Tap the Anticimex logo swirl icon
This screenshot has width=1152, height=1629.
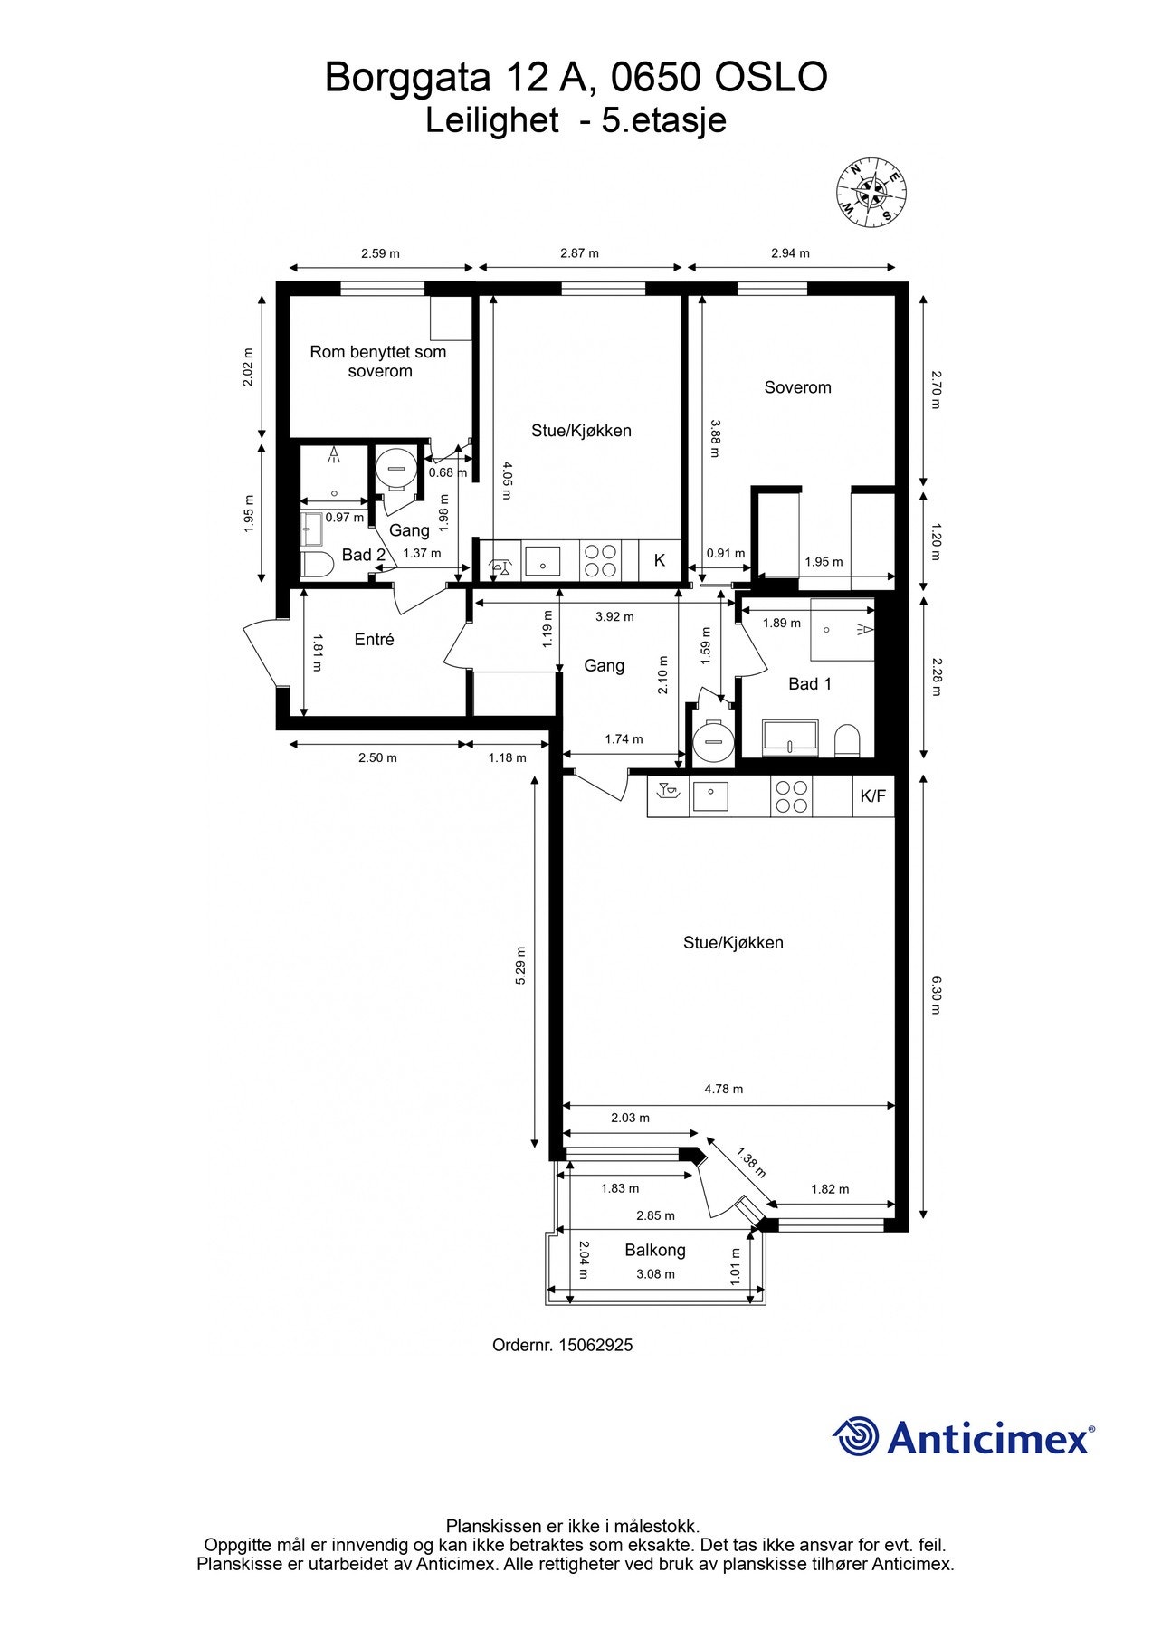[x=856, y=1437]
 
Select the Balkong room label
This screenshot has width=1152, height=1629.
[x=655, y=1250]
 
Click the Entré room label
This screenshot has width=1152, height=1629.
[x=374, y=640]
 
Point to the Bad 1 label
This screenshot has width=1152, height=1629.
[x=809, y=684]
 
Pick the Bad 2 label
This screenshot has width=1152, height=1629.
[x=364, y=555]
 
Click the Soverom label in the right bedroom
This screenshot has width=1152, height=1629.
[x=797, y=387]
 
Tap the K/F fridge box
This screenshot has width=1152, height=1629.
[x=873, y=796]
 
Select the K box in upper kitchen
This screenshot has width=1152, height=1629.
[x=660, y=560]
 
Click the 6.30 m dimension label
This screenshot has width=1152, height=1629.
[x=937, y=995]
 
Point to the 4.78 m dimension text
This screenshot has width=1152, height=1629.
[x=724, y=1090]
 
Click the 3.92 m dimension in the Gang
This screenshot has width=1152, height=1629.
[x=614, y=617]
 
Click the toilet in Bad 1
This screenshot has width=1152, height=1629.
[x=847, y=738]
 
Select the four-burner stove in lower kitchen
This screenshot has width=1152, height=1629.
[x=792, y=796]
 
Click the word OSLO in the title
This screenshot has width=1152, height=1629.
[x=770, y=78]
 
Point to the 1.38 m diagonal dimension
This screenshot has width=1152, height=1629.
[x=751, y=1163]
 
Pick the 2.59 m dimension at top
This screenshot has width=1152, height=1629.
[x=380, y=253]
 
